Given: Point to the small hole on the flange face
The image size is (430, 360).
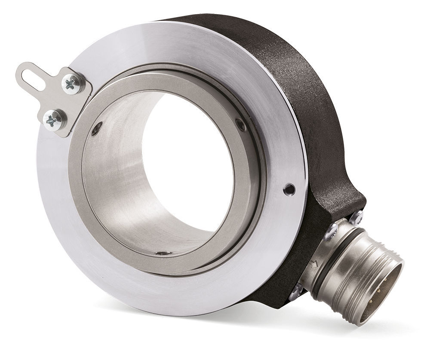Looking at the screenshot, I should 290,189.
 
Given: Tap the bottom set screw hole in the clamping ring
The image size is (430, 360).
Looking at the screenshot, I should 163,253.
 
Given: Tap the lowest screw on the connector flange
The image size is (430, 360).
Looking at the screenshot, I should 296,292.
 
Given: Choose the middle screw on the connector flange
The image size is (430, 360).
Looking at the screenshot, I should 331,232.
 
